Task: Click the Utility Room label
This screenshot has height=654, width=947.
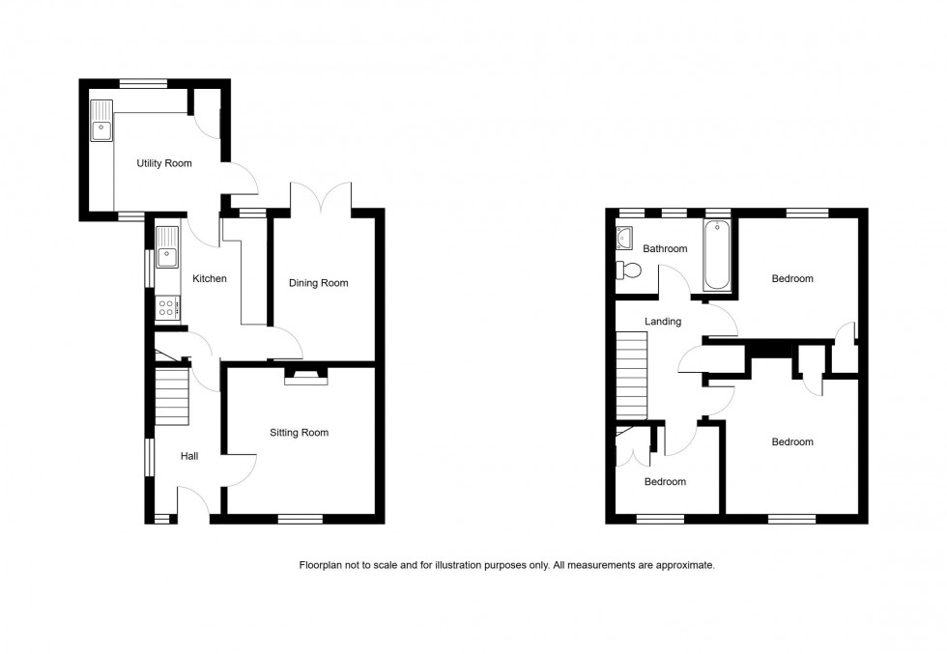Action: point(164,163)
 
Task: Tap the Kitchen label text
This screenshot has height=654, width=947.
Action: point(210,279)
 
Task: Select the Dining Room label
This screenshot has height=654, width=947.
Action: point(319,283)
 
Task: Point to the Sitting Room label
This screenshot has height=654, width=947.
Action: point(299,433)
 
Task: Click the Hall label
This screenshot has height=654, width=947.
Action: point(189,456)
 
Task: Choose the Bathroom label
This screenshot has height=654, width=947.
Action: point(665,249)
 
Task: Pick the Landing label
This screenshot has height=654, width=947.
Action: point(664,322)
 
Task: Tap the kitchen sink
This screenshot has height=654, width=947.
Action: point(167,247)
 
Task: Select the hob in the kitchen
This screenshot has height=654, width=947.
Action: point(166,308)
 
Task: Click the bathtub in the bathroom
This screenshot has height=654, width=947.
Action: point(717,255)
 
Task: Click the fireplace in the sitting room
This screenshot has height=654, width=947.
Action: point(306,376)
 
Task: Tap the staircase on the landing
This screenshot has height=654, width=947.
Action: point(631,375)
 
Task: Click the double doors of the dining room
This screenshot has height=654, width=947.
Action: point(321,197)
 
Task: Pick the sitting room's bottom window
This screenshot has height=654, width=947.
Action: point(300,520)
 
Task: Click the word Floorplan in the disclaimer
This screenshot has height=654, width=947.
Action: point(322,565)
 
